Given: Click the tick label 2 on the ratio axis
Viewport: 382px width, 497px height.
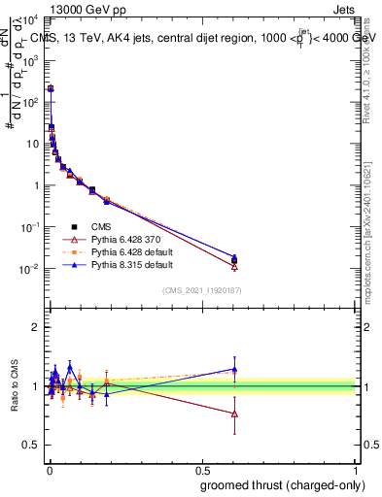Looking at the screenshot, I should tap(35, 327).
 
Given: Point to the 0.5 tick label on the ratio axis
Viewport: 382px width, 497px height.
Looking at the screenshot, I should tap(32, 446).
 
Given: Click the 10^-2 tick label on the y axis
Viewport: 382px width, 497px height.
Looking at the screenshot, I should tap(30, 269).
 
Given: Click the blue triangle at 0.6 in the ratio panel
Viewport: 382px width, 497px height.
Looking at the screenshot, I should tap(234, 369).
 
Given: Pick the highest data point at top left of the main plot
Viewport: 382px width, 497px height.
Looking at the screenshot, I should tap(51, 88).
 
